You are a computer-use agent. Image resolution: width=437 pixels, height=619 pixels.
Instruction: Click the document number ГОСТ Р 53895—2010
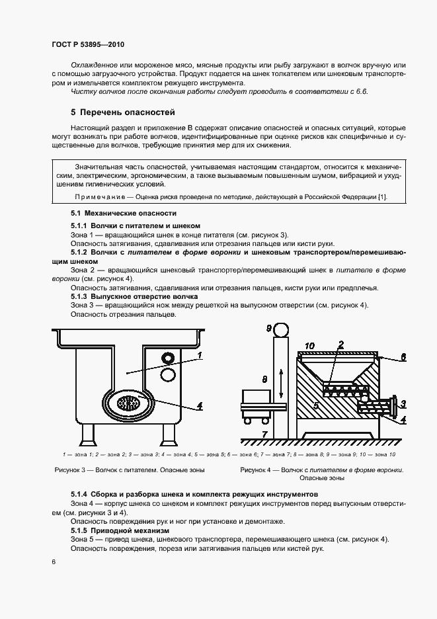(87, 45)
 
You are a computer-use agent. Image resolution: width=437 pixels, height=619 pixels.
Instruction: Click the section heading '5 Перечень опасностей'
(122, 112)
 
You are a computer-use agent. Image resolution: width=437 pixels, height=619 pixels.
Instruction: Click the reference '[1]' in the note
(381, 197)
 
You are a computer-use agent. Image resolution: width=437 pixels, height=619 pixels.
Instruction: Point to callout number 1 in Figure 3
(198, 355)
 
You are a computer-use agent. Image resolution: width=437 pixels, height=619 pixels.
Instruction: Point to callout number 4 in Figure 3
(198, 406)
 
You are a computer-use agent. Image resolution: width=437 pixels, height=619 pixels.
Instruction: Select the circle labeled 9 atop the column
(279, 329)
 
